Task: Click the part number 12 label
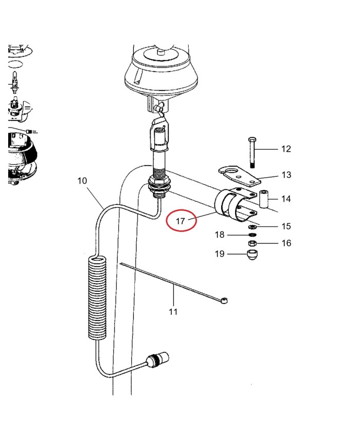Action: [x=286, y=149]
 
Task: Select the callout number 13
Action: [x=286, y=175]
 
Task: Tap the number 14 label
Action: [x=286, y=199]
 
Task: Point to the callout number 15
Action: [x=286, y=226]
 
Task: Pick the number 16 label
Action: [x=286, y=243]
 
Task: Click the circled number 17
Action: [x=181, y=221]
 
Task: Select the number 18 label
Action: [x=220, y=235]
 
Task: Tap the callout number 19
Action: [x=220, y=254]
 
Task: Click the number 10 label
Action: [x=82, y=181]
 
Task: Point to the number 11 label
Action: [x=173, y=311]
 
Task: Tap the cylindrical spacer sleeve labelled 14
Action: [x=264, y=199]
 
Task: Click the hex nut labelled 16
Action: [x=253, y=243]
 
